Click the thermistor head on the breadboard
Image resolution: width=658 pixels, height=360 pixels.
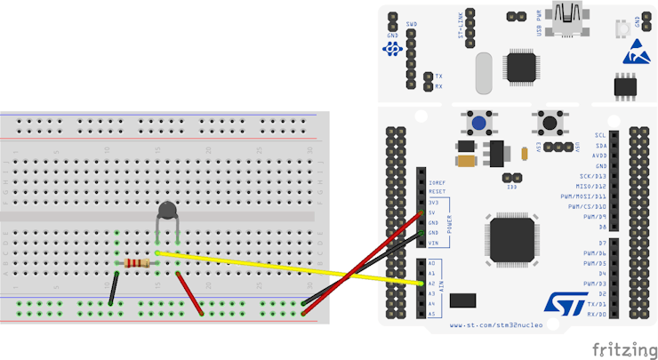pos(167,211)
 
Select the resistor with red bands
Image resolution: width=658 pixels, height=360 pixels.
pos(136,263)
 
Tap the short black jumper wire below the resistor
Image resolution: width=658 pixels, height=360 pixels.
pos(113,289)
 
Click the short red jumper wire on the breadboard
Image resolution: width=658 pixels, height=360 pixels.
pos(189,293)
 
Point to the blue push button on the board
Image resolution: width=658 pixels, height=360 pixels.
pos(480,125)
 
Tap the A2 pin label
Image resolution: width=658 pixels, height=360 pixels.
pos(432,284)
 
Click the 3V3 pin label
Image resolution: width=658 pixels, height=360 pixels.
pos(434,203)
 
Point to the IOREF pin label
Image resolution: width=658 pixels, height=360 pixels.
pos(437,181)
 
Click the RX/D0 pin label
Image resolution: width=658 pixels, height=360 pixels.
pos(596,314)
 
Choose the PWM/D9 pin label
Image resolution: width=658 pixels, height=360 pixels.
pos(594,217)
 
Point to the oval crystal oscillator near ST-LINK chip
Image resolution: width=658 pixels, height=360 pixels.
pos(484,72)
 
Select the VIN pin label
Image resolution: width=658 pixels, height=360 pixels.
pos(434,243)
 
